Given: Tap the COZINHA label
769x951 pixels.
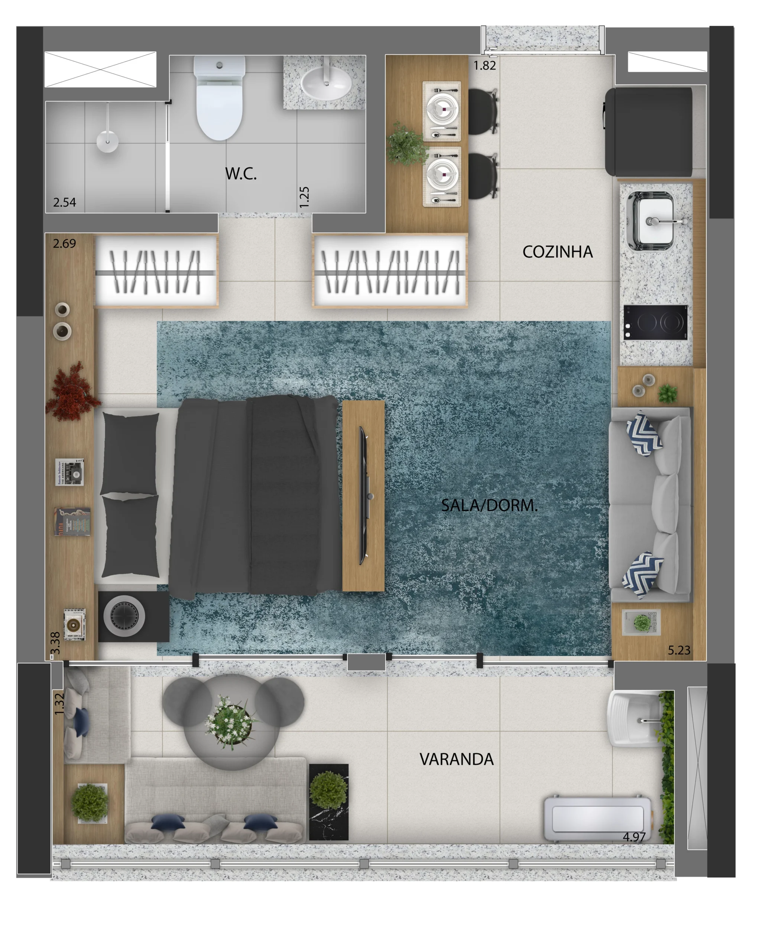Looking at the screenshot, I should [x=557, y=252].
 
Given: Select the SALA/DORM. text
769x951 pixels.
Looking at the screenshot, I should [x=489, y=505].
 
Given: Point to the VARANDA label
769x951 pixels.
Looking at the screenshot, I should [x=456, y=759].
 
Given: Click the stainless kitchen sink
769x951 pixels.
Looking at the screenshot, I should [x=653, y=220].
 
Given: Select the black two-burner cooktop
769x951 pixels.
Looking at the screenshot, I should [x=655, y=322].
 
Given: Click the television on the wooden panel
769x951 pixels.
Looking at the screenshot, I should [x=364, y=495].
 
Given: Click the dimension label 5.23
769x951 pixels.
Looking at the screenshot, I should [x=679, y=650].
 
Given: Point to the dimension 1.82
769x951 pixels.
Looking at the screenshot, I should [x=484, y=65].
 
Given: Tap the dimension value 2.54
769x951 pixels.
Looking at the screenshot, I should [x=65, y=202].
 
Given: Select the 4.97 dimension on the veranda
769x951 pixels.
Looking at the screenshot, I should [x=634, y=837].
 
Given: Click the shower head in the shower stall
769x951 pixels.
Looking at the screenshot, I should [x=107, y=140].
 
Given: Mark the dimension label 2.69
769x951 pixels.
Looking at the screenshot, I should [x=65, y=244].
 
